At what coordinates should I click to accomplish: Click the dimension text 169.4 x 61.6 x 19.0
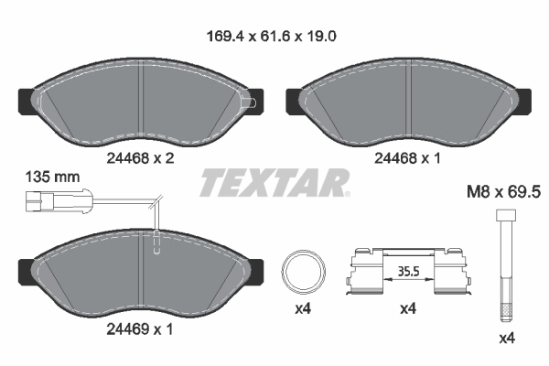(274, 39)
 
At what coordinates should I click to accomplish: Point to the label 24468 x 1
(407, 156)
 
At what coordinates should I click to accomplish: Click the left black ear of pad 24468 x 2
(25, 95)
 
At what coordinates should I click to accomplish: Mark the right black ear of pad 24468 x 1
(526, 95)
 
